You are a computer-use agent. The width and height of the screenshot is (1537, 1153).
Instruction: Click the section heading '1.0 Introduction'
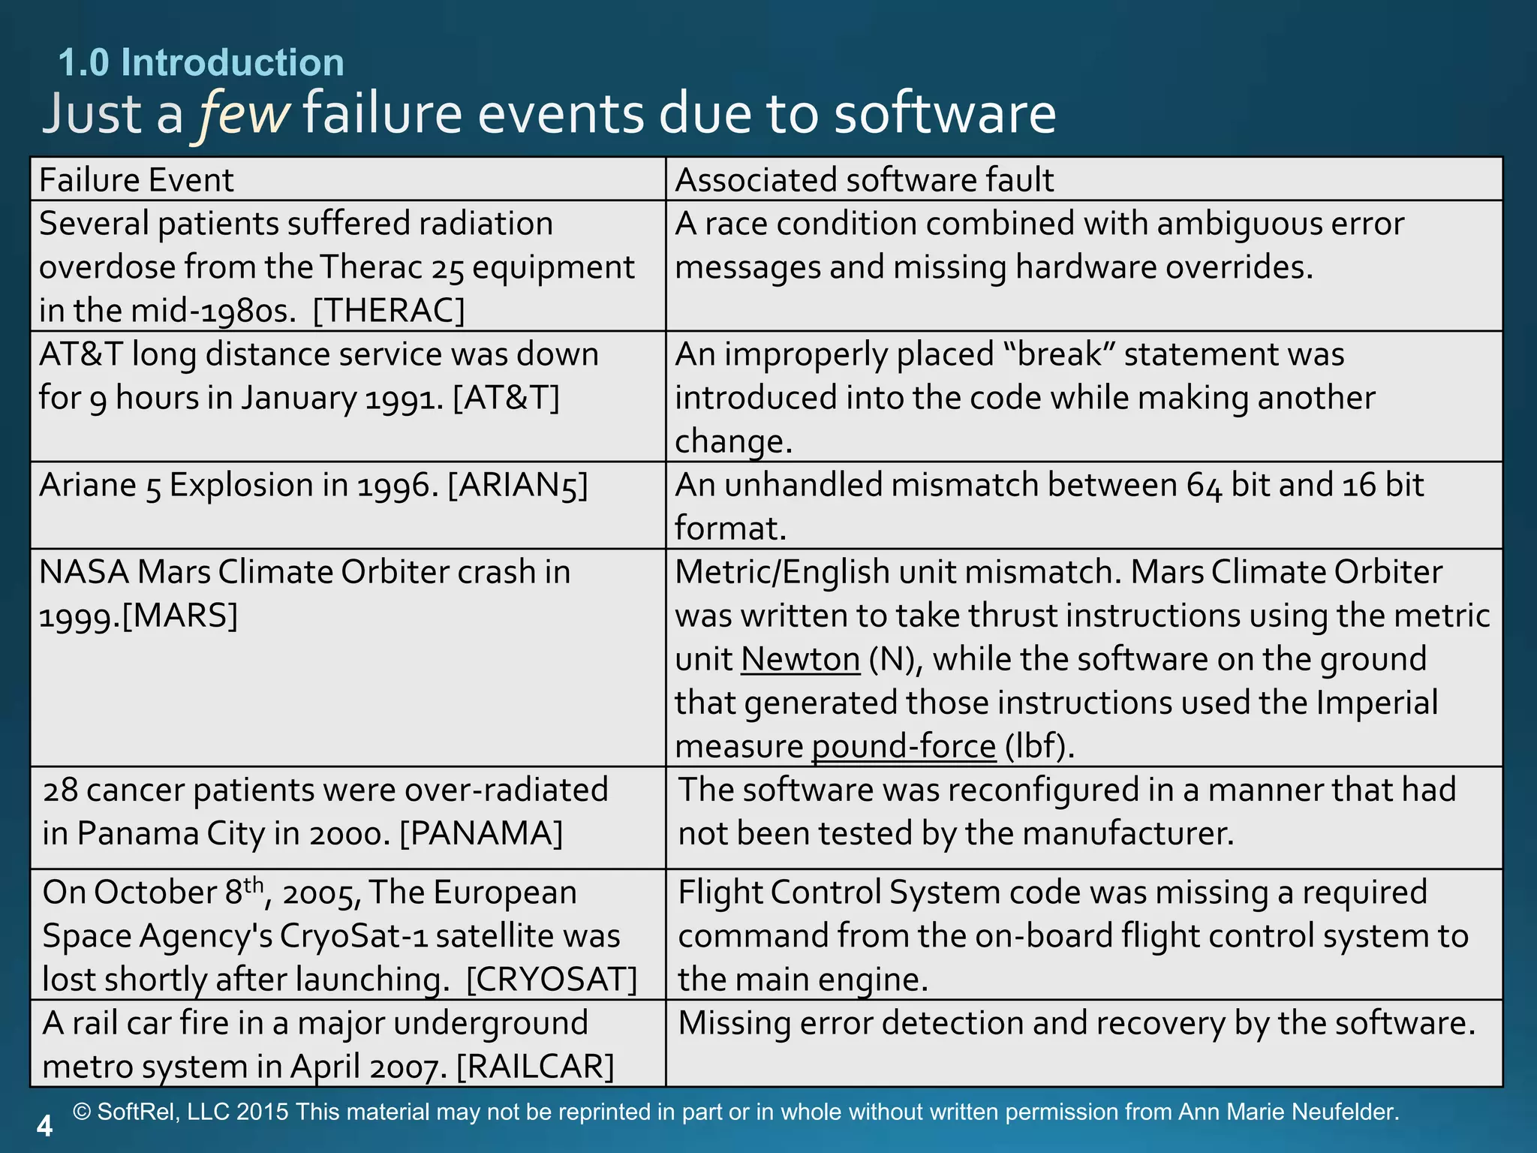(x=201, y=62)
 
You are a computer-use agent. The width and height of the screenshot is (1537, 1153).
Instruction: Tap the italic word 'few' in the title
(x=242, y=114)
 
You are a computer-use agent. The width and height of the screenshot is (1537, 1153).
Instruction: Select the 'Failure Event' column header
(x=137, y=180)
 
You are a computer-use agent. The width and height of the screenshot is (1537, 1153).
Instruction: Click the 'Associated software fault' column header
(x=864, y=180)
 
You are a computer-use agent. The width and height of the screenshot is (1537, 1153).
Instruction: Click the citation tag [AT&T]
(x=507, y=398)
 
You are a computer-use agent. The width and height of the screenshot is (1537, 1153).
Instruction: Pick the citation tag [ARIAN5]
(x=518, y=486)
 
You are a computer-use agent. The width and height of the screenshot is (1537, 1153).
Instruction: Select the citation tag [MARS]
(x=179, y=616)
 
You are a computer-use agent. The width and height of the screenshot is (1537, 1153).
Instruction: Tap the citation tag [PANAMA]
(x=481, y=834)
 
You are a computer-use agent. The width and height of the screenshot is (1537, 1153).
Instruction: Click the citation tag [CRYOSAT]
(x=552, y=980)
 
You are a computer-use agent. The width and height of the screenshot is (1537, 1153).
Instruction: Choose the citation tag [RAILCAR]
(x=535, y=1067)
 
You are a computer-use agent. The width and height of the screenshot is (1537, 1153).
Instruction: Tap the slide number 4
(x=45, y=1126)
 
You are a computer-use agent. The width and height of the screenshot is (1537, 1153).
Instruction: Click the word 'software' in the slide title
(x=945, y=114)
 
